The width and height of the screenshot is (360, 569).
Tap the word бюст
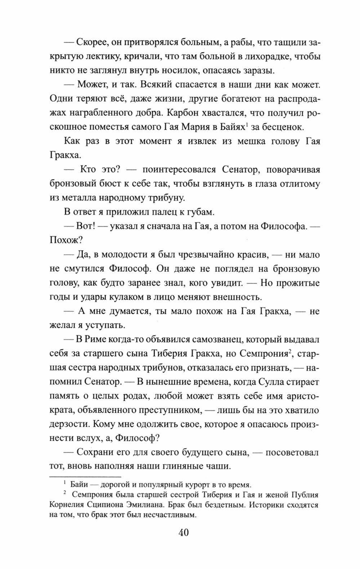pos(123,184)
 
